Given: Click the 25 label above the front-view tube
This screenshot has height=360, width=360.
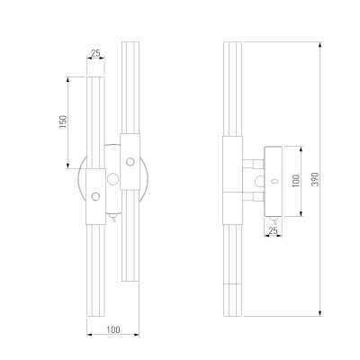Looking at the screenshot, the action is point(95,53).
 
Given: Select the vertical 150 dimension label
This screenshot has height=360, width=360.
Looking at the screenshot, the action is point(63,121).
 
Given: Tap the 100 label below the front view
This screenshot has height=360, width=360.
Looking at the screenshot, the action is point(113,329).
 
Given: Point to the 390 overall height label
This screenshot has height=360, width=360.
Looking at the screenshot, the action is point(315,179).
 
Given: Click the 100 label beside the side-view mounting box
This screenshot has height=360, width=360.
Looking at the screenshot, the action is point(296,181).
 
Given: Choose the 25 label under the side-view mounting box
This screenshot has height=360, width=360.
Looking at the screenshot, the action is point(273,230).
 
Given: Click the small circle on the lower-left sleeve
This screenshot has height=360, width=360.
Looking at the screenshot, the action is point(95,196).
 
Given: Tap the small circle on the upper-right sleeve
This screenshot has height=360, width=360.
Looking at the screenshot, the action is point(130,162).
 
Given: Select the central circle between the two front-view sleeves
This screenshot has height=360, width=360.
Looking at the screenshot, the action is point(112,179).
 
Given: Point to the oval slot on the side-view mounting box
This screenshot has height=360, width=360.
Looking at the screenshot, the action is point(274,181).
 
